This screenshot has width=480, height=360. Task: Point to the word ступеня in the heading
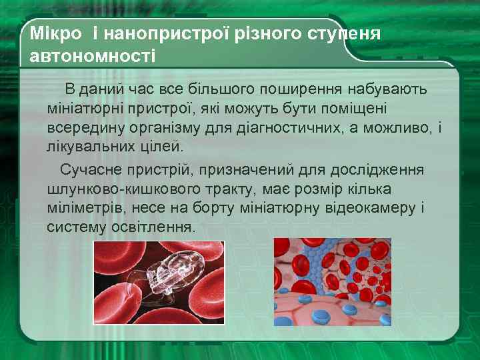(345, 33)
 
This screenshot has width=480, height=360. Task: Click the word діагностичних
(291, 127)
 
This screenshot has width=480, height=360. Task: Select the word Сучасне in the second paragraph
(90, 170)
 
